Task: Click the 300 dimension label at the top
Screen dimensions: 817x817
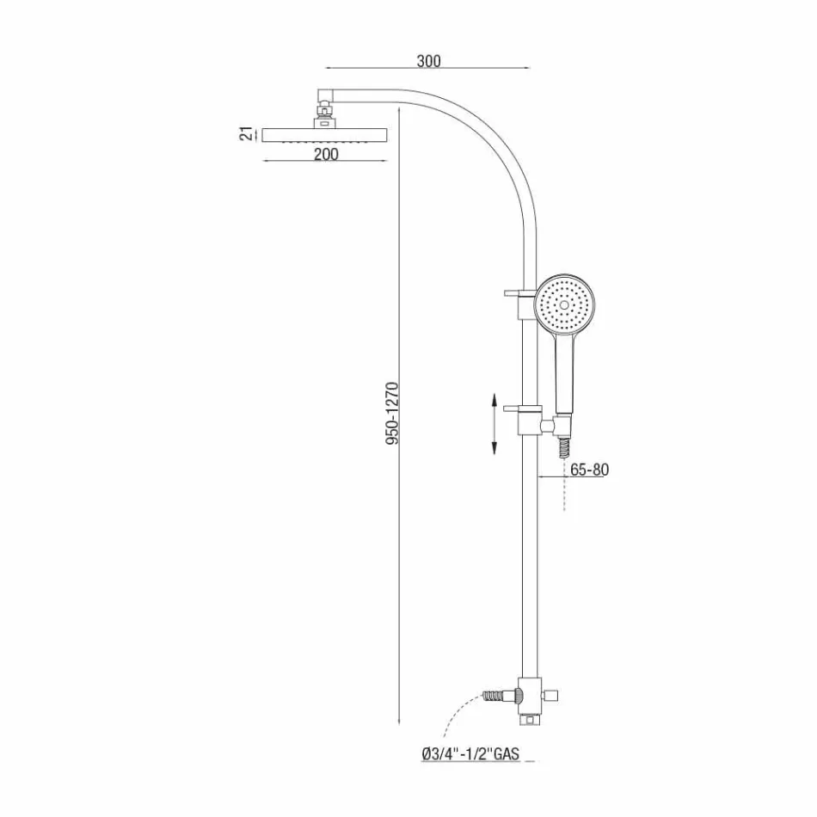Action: pyautogui.click(x=428, y=60)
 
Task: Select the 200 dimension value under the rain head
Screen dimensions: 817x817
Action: pyautogui.click(x=326, y=154)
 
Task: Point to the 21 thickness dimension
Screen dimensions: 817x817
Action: pyautogui.click(x=246, y=134)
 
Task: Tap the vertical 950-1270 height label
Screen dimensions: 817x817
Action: pyautogui.click(x=391, y=414)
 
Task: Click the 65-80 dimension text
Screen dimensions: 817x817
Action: pyautogui.click(x=589, y=470)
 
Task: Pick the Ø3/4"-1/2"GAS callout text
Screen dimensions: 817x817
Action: pyautogui.click(x=470, y=754)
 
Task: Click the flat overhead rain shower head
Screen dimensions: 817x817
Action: pyautogui.click(x=325, y=135)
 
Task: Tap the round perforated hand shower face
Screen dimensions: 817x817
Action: pyautogui.click(x=564, y=305)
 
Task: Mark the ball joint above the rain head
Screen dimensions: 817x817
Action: pyautogui.click(x=325, y=111)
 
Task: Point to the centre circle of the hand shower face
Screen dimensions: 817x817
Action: pyautogui.click(x=564, y=304)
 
